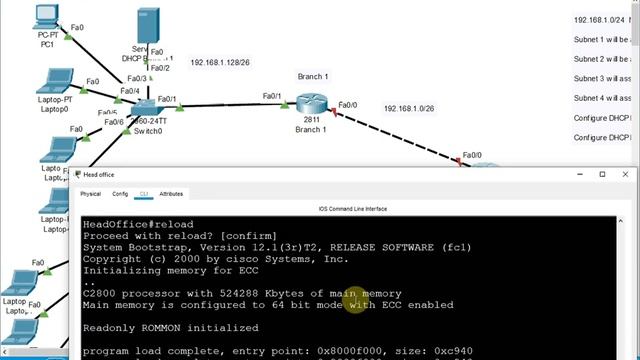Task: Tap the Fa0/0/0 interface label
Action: tap(470, 155)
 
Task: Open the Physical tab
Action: tap(90, 194)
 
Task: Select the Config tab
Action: tap(120, 194)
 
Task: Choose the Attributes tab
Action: tap(171, 194)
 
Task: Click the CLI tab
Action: tap(144, 194)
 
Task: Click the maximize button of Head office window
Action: tap(601, 175)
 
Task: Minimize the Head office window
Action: tap(576, 175)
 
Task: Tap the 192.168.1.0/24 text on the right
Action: tap(601, 20)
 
